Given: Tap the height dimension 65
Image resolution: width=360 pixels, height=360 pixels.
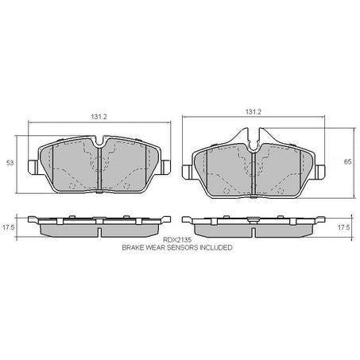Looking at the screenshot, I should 346,160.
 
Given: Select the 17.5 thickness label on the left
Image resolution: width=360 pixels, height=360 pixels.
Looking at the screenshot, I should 10,228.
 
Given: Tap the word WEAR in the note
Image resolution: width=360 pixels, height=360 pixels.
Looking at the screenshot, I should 158,248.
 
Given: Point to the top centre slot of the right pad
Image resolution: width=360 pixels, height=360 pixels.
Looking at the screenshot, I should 253,141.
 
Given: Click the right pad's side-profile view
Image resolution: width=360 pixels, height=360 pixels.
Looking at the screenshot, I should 253,226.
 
